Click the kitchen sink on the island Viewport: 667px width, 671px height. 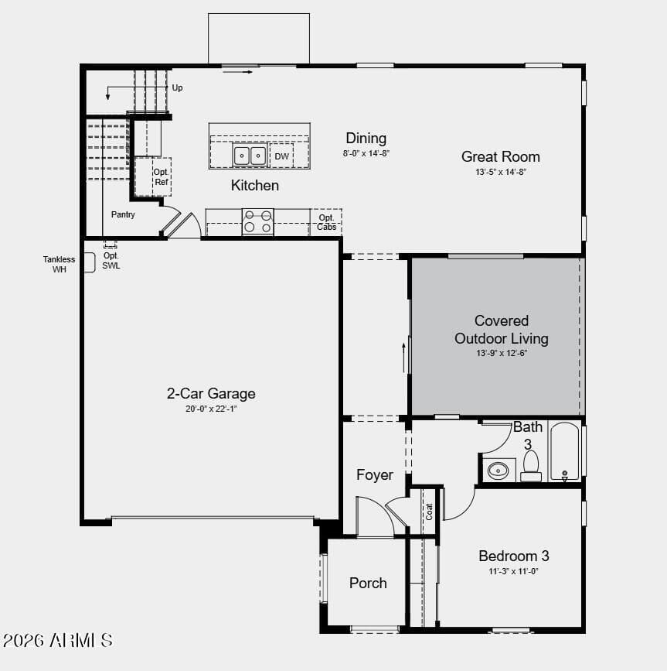[x=250, y=156]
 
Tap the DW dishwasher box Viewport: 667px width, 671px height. [x=281, y=156]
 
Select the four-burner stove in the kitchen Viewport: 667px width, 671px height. [x=257, y=221]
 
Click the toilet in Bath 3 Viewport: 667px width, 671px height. [x=531, y=466]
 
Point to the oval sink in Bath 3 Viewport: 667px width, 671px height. [x=499, y=471]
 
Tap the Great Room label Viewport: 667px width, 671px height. [x=500, y=156]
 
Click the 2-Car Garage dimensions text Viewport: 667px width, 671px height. [x=211, y=409]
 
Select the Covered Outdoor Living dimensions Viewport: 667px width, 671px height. [x=502, y=353]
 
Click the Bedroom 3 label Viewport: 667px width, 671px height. [x=514, y=556]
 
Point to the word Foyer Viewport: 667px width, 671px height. [x=375, y=475]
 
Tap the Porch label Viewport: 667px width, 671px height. [x=368, y=583]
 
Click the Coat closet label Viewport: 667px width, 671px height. [x=429, y=512]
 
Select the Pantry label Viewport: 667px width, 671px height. [x=123, y=214]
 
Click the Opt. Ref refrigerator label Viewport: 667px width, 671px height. [x=161, y=176]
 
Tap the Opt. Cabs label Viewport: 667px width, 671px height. [x=326, y=223]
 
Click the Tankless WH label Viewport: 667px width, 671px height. [x=59, y=265]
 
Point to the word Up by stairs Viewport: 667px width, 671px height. [x=177, y=87]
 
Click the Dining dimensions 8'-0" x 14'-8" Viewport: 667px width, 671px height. [x=366, y=153]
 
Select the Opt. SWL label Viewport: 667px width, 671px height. [x=111, y=261]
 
